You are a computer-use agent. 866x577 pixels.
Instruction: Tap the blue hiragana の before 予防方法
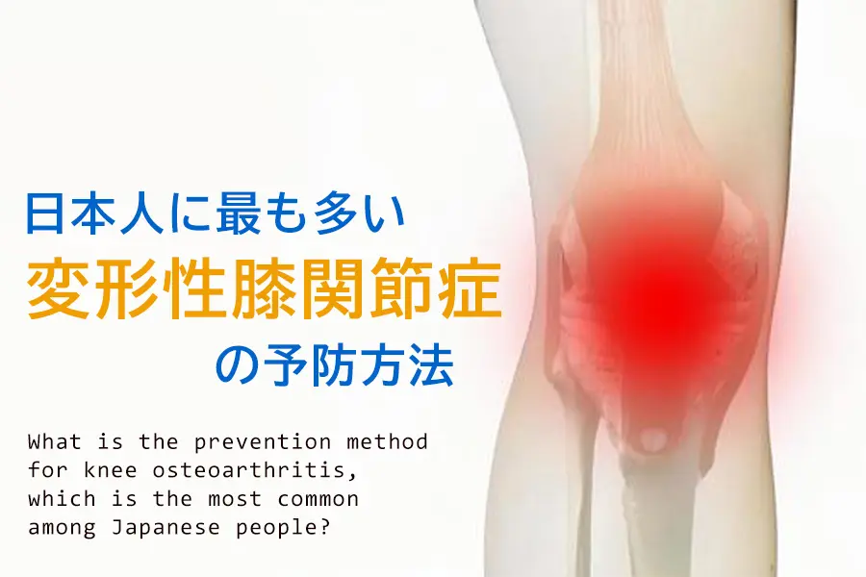tap(237, 365)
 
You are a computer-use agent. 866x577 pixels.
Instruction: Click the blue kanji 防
tap(334, 365)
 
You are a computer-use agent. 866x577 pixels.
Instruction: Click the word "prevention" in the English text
tap(263, 441)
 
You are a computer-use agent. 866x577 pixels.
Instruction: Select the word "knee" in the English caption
tap(111, 470)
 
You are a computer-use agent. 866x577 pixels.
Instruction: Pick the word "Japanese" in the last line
tap(166, 528)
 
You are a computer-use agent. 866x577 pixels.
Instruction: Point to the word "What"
tap(55, 441)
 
